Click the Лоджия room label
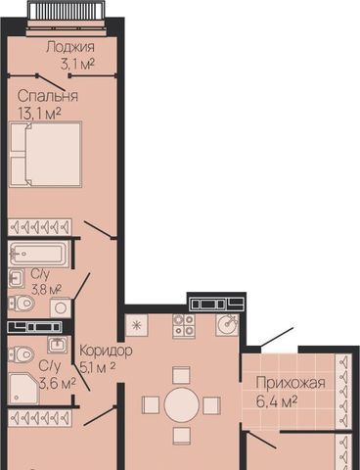click(70, 47)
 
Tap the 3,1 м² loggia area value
click(77, 64)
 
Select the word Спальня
click(48, 96)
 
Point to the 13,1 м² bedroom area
click(40, 114)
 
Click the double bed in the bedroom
click(45, 154)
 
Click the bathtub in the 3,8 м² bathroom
click(39, 254)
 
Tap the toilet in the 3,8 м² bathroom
click(22, 304)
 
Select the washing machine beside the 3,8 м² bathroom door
click(61, 307)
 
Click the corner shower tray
click(24, 389)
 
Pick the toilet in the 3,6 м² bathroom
click(21, 354)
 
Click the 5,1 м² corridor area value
click(98, 368)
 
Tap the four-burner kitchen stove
click(184, 325)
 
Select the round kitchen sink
click(227, 325)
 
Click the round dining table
click(182, 405)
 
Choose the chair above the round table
click(181, 375)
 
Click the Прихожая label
click(291, 383)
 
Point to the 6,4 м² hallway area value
click(277, 401)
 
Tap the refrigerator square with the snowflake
click(137, 325)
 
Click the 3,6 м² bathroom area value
click(58, 383)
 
